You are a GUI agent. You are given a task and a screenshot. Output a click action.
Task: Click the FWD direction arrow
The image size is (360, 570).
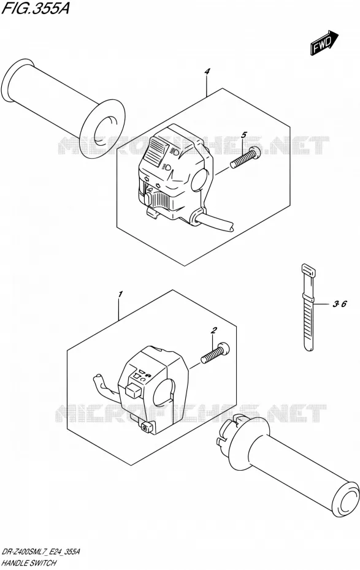click(x=324, y=43)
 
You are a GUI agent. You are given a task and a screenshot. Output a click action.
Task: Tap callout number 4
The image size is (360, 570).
click(x=207, y=72)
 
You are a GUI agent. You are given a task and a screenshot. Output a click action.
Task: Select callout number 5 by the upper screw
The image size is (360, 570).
click(x=243, y=135)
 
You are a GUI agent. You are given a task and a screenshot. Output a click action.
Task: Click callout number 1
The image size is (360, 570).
click(x=121, y=294)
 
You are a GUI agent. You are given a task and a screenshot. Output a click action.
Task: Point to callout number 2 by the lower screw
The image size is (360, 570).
click(x=214, y=330)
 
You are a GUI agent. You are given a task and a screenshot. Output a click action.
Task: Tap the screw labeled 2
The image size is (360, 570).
click(x=215, y=352)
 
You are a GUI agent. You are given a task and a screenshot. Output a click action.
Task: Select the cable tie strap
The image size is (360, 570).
click(x=308, y=308)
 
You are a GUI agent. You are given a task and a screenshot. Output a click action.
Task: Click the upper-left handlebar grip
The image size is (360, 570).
click(x=64, y=109)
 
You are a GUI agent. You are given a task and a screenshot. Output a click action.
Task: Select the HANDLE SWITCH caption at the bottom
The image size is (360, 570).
click(x=29, y=563)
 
